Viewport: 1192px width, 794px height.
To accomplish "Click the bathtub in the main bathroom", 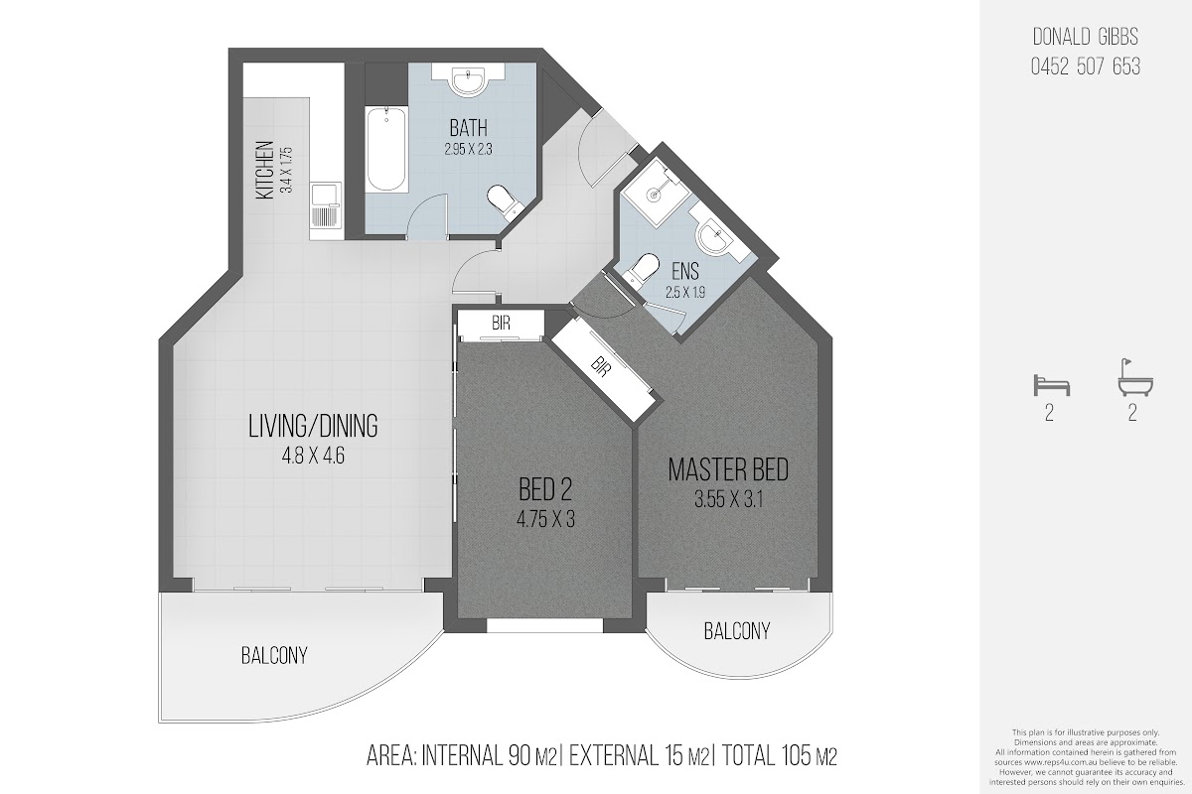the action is coord(386,150).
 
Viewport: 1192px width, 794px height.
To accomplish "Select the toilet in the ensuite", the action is coord(642,270).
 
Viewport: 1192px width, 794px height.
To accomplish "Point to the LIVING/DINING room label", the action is coord(313,426).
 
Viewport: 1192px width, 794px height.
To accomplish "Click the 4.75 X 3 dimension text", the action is coord(545,519).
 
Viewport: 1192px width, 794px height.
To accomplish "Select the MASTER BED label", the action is coord(728,470).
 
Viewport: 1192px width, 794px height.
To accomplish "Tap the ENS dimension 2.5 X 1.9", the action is coord(684,292).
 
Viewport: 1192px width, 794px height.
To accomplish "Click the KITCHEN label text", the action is coord(264,170).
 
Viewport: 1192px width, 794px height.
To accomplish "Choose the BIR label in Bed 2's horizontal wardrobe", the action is coord(501,323).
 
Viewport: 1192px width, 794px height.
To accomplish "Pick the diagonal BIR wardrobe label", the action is coord(600,367).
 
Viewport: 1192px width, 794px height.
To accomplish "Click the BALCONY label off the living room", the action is coord(274,656).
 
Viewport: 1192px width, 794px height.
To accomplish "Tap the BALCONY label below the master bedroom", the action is coord(736,631).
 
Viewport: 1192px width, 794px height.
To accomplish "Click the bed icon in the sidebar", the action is coord(1051,385).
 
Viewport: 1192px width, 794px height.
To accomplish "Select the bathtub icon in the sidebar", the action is coord(1135,378).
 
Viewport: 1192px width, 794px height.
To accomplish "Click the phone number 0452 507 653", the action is coord(1086,67).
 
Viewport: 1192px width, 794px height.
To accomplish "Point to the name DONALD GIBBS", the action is coord(1086,38).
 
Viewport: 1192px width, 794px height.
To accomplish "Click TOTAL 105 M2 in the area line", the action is coord(779,755).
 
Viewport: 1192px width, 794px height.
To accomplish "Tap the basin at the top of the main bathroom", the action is coord(468,80).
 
